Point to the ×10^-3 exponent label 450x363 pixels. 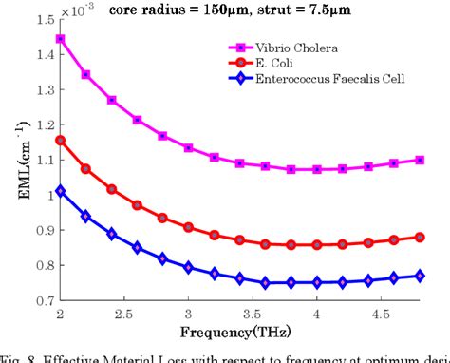(x=77, y=8)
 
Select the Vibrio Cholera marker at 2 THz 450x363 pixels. (x=61, y=39)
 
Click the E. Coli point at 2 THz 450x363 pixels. (x=61, y=140)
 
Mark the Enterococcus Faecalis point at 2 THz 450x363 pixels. (x=61, y=190)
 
